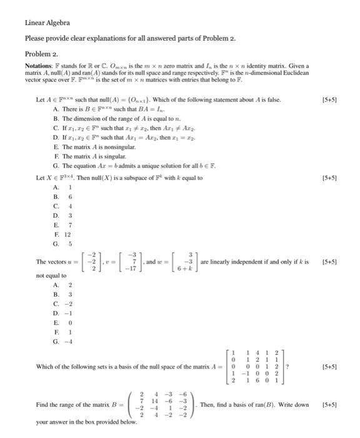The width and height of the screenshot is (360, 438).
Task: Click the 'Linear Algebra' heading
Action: [47, 23]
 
